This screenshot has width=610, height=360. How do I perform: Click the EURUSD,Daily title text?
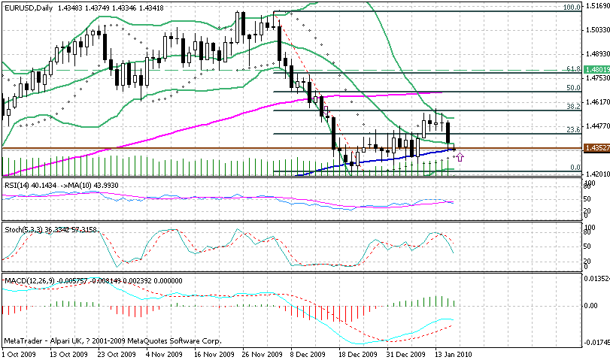[29, 7]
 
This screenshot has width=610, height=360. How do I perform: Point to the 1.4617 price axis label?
[596, 102]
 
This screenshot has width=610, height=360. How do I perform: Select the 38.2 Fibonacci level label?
[574, 107]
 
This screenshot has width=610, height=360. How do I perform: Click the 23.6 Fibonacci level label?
[574, 129]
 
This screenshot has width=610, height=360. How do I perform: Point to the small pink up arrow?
[460, 156]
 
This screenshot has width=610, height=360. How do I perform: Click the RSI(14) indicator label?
[19, 185]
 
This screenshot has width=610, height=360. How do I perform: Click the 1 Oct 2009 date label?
[18, 354]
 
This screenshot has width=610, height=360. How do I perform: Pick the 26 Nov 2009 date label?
[263, 354]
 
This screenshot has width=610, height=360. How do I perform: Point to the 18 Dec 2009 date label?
[356, 354]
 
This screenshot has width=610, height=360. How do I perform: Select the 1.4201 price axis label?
[596, 174]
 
